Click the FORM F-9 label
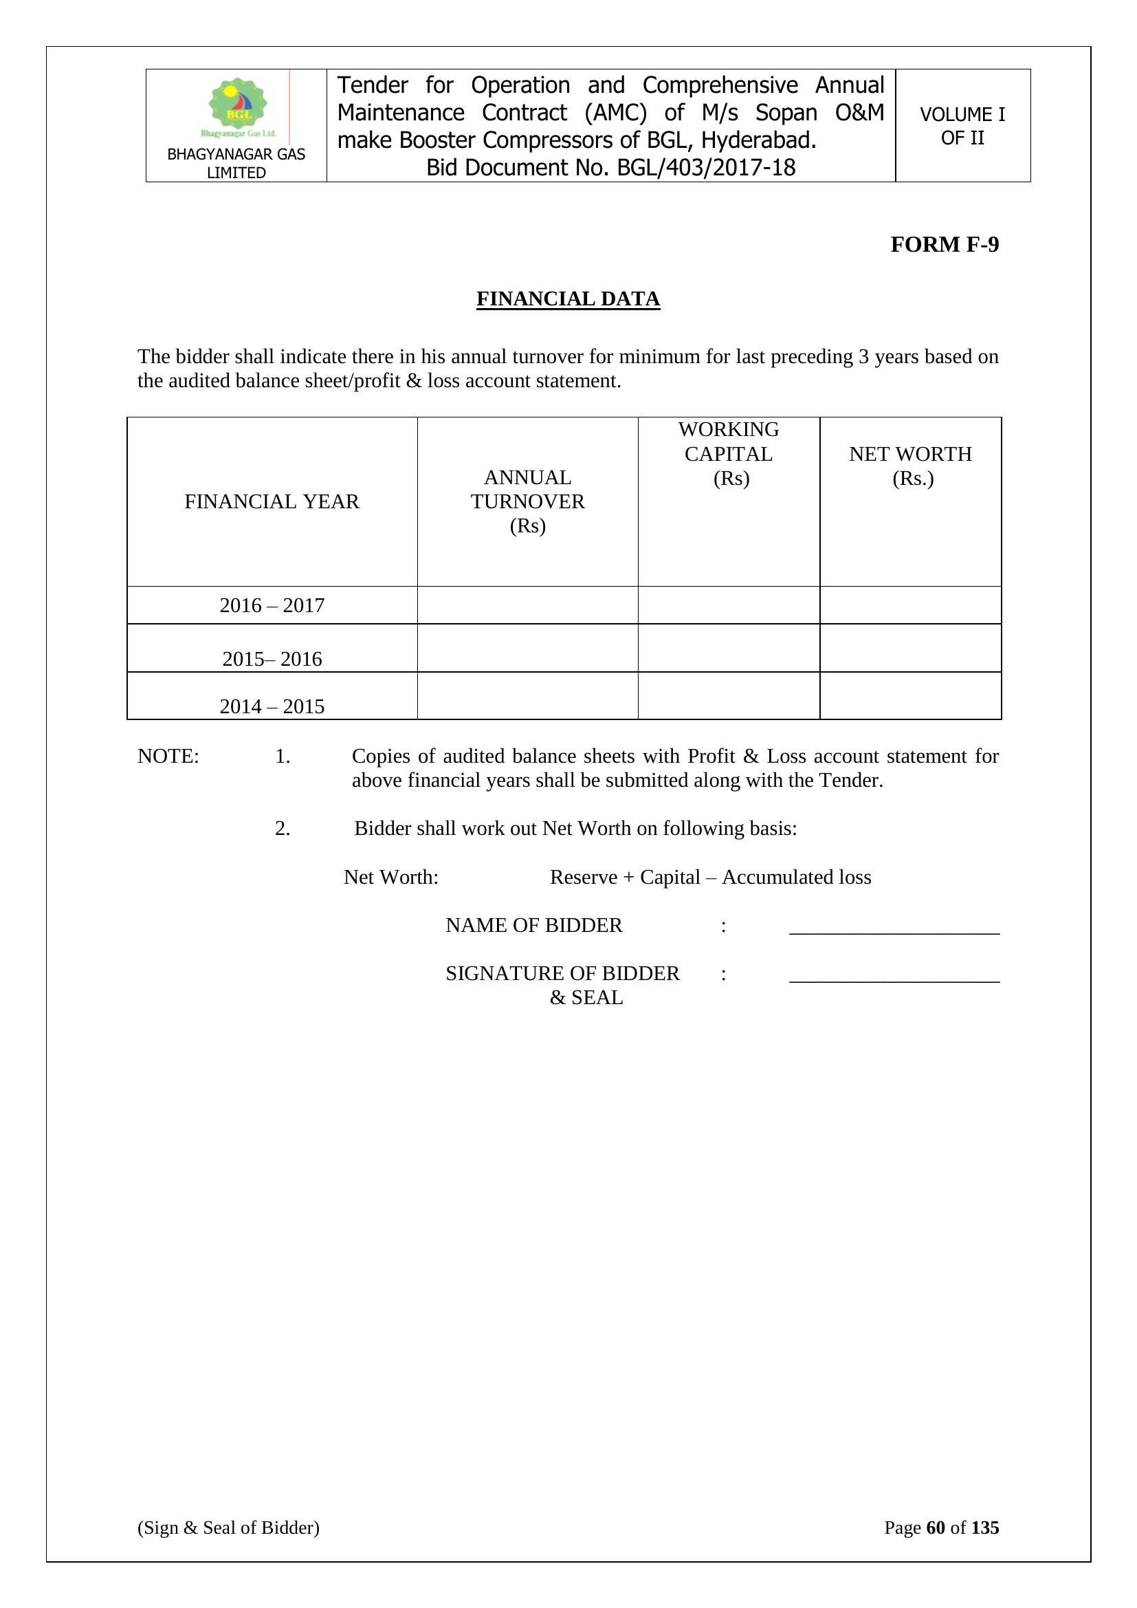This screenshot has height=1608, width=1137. click(x=944, y=244)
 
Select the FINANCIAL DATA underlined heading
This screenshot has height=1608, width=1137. click(x=568, y=299)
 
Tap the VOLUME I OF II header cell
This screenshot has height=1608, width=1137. click(x=962, y=126)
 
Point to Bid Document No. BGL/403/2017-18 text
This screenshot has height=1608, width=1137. click(x=610, y=168)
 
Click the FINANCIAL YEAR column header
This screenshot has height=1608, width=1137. click(x=272, y=501)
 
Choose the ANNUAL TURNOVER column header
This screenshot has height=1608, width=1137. click(x=527, y=501)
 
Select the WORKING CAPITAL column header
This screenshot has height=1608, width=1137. click(x=728, y=454)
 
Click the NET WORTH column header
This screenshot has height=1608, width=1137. click(x=910, y=466)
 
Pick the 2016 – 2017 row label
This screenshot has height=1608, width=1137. click(x=272, y=605)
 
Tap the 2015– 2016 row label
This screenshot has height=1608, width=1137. click(x=272, y=659)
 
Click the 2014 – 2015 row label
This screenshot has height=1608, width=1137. click(x=272, y=706)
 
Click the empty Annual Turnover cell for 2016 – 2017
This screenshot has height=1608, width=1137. click(x=527, y=605)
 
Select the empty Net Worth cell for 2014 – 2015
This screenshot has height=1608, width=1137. click(x=910, y=695)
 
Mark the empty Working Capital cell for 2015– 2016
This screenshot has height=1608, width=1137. click(x=728, y=648)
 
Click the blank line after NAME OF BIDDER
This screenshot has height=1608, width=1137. click(x=894, y=927)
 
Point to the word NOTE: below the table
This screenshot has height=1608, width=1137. click(x=168, y=757)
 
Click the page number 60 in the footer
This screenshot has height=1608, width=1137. click(x=936, y=1528)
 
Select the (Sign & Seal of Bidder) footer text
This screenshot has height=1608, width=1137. click(x=228, y=1528)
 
